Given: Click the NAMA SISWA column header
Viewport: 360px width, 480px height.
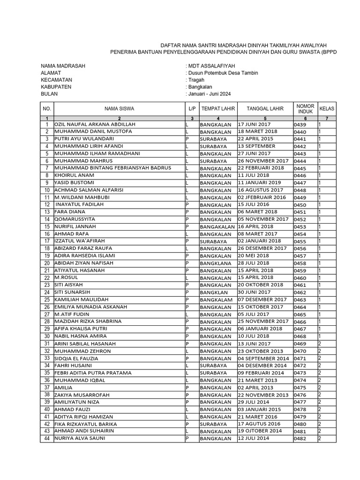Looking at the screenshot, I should [119, 108].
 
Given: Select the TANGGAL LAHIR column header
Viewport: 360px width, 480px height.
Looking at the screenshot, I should [265, 108].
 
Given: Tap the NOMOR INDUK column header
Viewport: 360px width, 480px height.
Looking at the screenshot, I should [305, 108].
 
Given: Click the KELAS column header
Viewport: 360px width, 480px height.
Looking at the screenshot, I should [327, 108].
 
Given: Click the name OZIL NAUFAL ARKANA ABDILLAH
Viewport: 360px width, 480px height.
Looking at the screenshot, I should [95, 124].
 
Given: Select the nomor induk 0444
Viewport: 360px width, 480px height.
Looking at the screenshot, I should [300, 161].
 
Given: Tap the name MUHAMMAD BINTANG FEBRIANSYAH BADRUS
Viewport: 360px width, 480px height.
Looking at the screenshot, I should [113, 168].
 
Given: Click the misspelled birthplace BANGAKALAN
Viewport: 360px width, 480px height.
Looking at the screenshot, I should [217, 226].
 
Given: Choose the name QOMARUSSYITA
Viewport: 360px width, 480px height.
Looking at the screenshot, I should [75, 219].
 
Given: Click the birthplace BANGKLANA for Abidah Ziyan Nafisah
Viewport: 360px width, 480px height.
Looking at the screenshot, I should [216, 263].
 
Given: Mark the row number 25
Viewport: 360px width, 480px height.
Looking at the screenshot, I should [47, 300].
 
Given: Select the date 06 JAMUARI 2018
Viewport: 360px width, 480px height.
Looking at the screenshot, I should [260, 329].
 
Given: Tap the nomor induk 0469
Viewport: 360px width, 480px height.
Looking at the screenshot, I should [300, 344].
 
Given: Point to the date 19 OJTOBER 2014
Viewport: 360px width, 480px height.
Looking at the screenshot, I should [260, 431].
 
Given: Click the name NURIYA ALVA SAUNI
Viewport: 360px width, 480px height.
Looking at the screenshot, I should [80, 438].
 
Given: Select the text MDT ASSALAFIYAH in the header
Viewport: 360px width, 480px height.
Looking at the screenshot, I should [211, 66].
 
